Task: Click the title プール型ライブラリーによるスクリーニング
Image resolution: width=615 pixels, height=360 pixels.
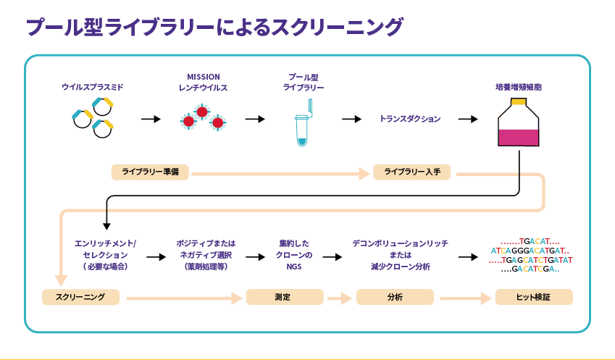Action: [214, 27]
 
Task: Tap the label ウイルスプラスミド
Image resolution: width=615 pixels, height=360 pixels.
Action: [92, 87]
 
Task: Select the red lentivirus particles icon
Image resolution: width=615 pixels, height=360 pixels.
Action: [203, 118]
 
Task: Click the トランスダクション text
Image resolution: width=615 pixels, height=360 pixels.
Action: [410, 119]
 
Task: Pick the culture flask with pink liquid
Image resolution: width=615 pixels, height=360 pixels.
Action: [518, 123]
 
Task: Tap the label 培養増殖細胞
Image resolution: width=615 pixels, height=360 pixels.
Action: [518, 87]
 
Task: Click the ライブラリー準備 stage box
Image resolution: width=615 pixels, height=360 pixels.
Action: [150, 172]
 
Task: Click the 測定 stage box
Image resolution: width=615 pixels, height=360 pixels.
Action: [284, 297]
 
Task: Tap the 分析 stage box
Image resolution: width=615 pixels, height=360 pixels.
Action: [395, 297]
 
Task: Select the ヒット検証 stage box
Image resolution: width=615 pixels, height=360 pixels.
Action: [533, 297]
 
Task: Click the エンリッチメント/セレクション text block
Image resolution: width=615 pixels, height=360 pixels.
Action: [105, 255]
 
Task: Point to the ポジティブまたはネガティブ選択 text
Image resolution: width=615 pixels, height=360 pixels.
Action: [206, 255]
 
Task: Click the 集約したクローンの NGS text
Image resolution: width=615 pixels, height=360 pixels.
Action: [293, 255]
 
